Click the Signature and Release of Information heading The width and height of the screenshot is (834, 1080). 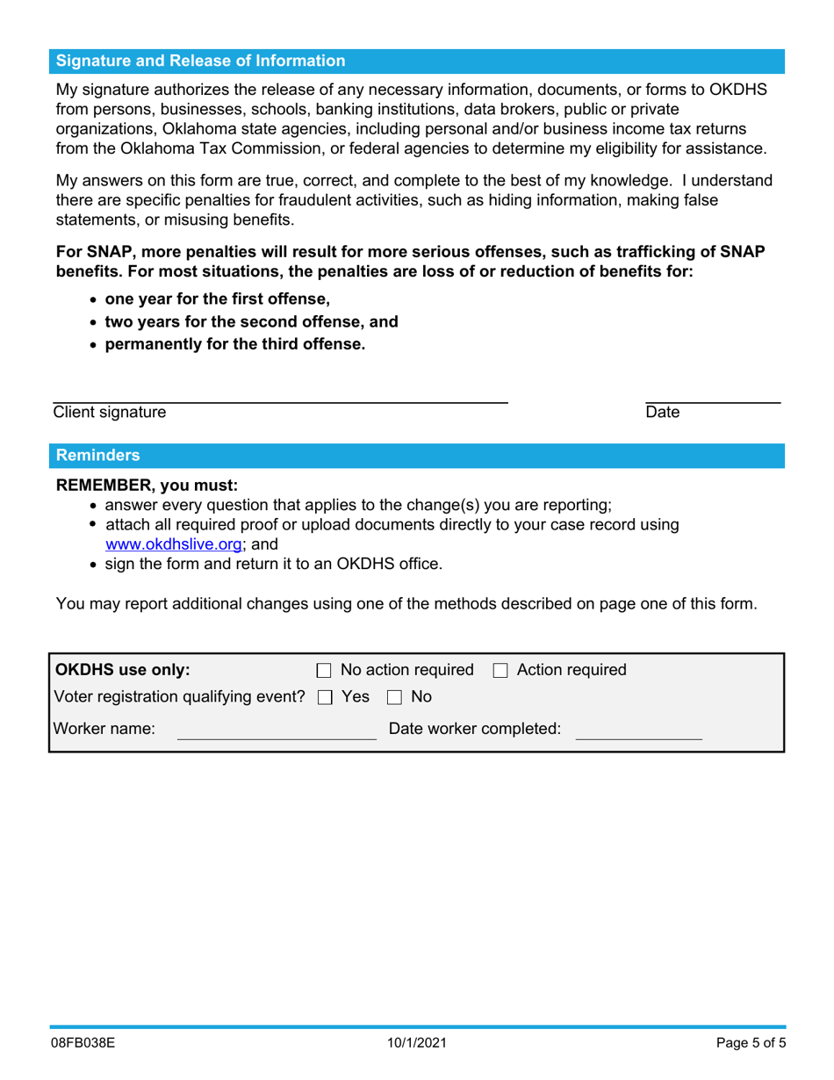pyautogui.click(x=200, y=61)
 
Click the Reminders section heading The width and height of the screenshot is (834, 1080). pyautogui.click(x=97, y=455)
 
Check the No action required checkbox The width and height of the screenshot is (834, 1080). pyautogui.click(x=323, y=671)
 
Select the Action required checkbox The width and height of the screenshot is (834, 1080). pyautogui.click(x=500, y=671)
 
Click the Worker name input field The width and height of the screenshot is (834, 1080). pyautogui.click(x=277, y=729)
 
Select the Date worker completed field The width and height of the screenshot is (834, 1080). pyautogui.click(x=638, y=729)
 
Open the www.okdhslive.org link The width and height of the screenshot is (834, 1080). pyautogui.click(x=173, y=544)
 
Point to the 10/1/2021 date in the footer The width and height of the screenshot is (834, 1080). pyautogui.click(x=417, y=1045)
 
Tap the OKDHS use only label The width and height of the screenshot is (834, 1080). pyautogui.click(x=122, y=670)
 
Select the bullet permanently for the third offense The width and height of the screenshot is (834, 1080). pyautogui.click(x=234, y=344)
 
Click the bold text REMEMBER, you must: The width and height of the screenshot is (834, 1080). pyautogui.click(x=147, y=485)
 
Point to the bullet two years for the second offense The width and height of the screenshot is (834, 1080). pyautogui.click(x=251, y=321)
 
